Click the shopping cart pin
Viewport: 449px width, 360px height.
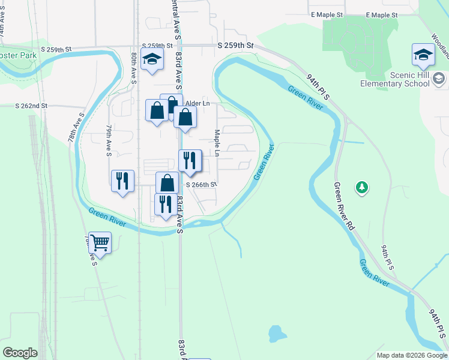(100, 242)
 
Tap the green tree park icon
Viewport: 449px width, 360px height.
(361, 188)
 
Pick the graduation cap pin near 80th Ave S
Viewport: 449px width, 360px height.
(152, 59)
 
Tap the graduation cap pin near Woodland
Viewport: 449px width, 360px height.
(423, 55)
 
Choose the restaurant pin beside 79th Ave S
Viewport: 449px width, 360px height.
(122, 180)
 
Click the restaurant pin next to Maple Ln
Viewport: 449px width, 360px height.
(190, 160)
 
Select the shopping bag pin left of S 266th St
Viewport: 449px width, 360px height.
(167, 183)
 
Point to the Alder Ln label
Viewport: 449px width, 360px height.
(197, 103)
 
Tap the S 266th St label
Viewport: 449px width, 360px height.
(200, 185)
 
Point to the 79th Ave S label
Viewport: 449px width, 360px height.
(109, 141)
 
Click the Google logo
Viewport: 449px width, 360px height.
(20, 353)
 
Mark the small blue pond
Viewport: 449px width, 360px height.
(275, 332)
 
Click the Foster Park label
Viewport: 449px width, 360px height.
(18, 55)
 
